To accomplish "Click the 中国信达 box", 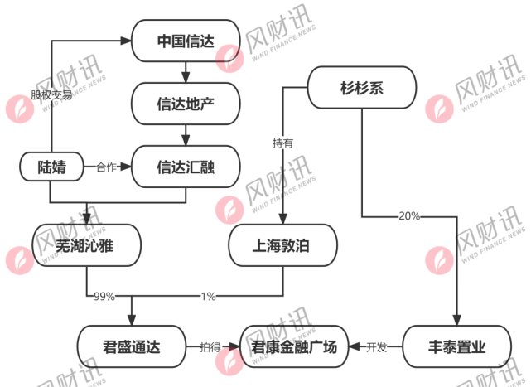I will [x=186, y=40].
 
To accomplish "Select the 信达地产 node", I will [x=186, y=104].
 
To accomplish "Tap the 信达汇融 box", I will [x=186, y=167].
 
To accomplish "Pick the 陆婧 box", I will [x=51, y=167].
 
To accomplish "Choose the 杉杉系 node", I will [x=361, y=88].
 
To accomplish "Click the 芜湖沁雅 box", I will [x=86, y=245].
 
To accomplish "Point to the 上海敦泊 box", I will [x=282, y=245].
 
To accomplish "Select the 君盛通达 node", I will [x=131, y=346].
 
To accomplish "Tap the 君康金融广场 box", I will [x=294, y=346].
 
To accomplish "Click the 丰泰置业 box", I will [x=456, y=346].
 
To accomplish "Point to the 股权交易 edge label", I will [x=51, y=94].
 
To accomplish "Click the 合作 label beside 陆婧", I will [x=106, y=167].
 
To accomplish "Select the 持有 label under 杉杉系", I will [x=282, y=143].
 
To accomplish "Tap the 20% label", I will [x=409, y=216].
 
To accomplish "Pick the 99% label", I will [x=104, y=296].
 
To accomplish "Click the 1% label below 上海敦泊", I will [x=208, y=296].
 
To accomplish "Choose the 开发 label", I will [x=376, y=347].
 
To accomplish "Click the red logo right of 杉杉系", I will [x=439, y=109].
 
